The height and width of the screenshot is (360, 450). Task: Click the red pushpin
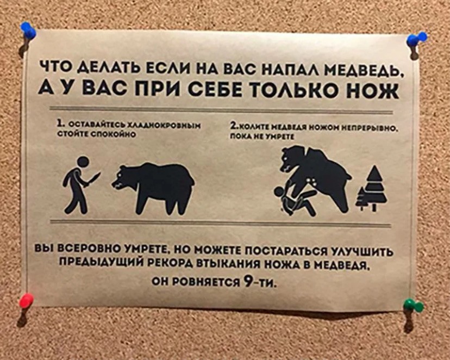tap(26, 301)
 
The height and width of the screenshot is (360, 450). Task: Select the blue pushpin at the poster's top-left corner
tap(28, 30)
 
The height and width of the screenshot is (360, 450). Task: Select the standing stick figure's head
tap(83, 162)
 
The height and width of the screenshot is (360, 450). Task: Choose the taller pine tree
tap(375, 188)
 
